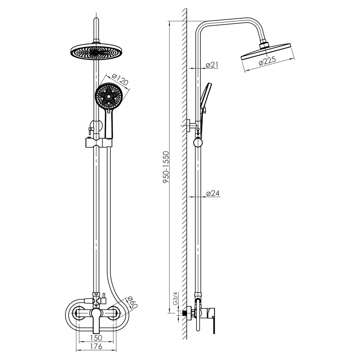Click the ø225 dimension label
(267, 61)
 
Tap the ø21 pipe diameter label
(212, 65)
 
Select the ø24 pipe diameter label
(213, 193)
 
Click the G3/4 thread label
(175, 298)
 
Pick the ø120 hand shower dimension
(120, 80)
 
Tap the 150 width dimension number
(96, 338)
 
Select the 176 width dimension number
(96, 346)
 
